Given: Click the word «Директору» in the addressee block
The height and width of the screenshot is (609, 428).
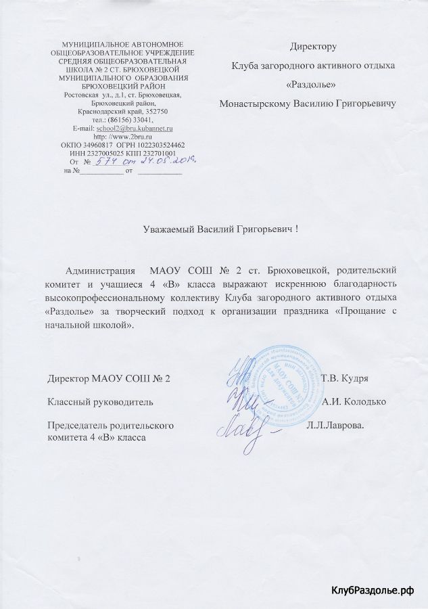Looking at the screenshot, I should coord(313,47).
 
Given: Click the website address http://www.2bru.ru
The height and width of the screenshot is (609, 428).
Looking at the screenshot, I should coord(122,135).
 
